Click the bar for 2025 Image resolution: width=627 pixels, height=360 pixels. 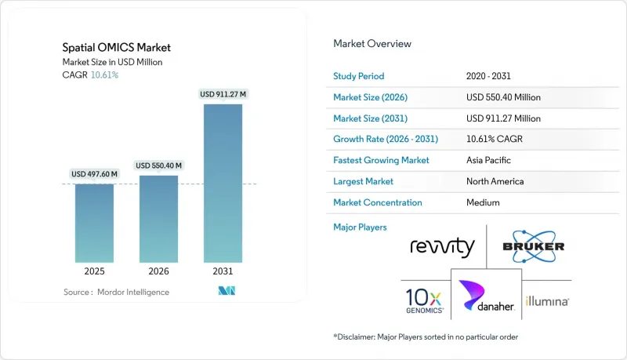click(x=94, y=223)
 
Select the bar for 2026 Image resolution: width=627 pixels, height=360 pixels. click(x=158, y=219)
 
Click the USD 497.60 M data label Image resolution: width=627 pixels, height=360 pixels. click(x=94, y=174)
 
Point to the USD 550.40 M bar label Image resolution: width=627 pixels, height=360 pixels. click(x=158, y=165)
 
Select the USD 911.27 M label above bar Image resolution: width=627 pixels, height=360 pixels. click(x=223, y=94)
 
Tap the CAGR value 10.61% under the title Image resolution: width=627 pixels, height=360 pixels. click(x=105, y=75)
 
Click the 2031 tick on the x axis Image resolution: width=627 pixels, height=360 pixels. click(x=223, y=272)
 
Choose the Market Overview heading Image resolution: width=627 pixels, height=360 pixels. click(x=372, y=44)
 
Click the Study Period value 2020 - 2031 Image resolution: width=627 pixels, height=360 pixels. click(x=492, y=76)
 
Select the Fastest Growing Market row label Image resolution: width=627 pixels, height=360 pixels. click(x=381, y=160)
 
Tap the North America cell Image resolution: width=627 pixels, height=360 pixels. click(x=495, y=181)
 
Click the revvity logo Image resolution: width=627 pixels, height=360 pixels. click(x=442, y=248)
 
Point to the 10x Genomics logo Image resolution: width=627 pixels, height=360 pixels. click(x=425, y=300)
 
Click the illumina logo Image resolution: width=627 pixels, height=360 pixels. click(x=547, y=300)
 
